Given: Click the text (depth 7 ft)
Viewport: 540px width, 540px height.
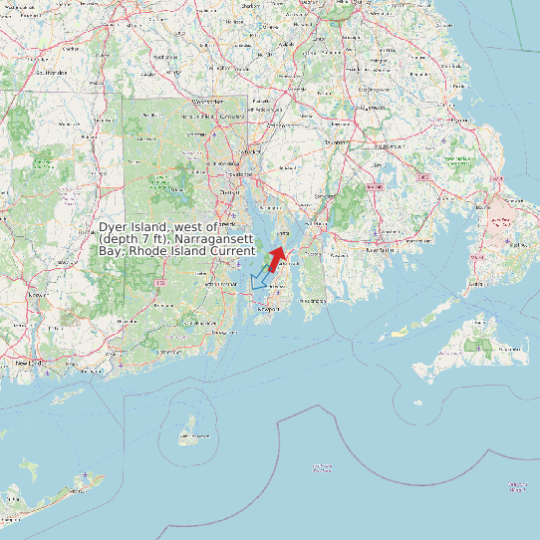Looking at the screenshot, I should (135, 240).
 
